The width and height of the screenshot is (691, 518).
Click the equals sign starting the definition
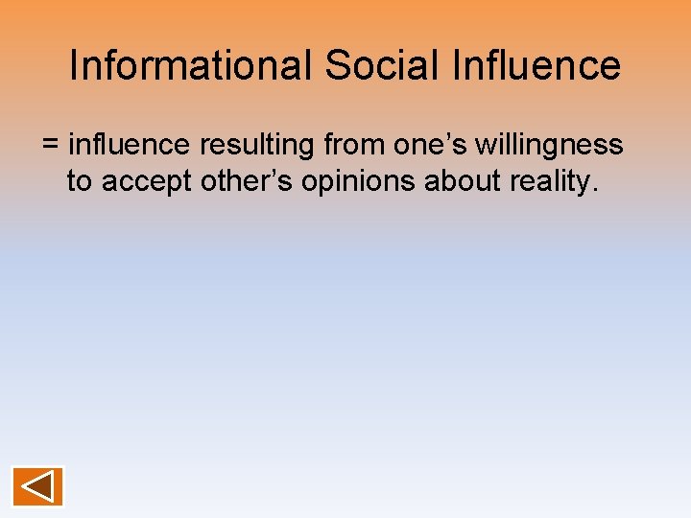click(51, 146)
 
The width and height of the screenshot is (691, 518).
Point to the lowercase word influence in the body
click(130, 145)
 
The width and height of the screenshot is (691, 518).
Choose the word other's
click(247, 180)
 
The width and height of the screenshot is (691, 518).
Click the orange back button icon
click(37, 486)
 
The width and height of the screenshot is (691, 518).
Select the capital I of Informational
click(75, 65)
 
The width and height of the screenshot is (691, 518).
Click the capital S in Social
click(336, 65)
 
